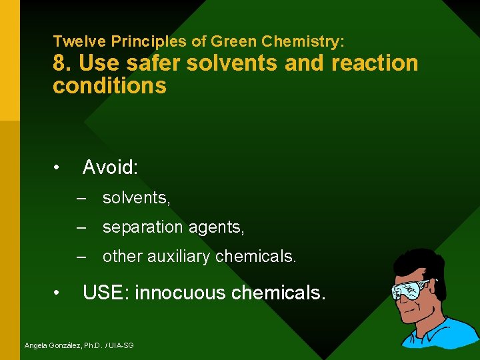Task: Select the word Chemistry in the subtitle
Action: [x=303, y=41]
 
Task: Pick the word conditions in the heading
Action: [x=109, y=86]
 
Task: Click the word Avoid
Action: [x=110, y=167]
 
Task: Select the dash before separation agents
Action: [x=82, y=227]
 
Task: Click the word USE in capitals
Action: [x=103, y=292]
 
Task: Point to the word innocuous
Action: [x=179, y=292]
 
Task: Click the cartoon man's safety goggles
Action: [x=410, y=291]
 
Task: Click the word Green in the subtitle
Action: [x=234, y=41]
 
